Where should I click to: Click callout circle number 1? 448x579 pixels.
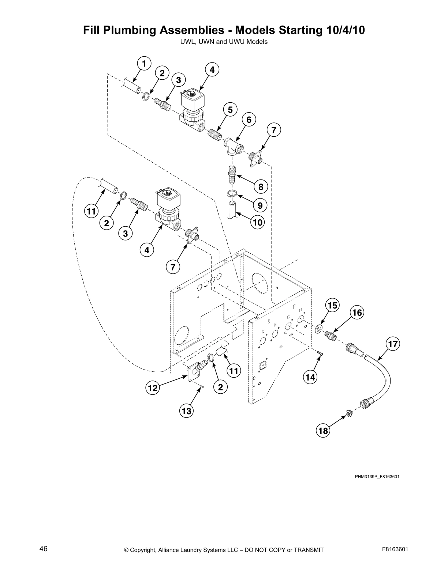tap(144, 64)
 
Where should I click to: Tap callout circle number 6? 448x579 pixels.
tap(249, 120)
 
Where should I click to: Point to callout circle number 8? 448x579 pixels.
tap(261, 187)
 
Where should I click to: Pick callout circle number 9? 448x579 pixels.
tap(260, 205)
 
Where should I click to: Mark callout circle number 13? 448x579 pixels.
tap(186, 411)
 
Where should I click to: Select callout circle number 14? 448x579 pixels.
tap(310, 377)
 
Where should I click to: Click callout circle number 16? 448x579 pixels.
tap(357, 313)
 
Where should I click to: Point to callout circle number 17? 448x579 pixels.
tap(393, 344)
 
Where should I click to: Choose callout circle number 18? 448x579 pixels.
tap(323, 431)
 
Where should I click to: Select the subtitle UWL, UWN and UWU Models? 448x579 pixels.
tap(224, 42)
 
